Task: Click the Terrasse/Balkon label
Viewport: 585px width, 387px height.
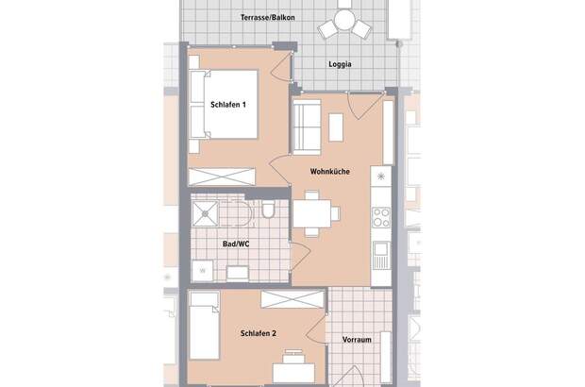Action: [253, 18]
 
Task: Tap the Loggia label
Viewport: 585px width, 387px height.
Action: [341, 65]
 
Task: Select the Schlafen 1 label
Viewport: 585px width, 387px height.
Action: [228, 105]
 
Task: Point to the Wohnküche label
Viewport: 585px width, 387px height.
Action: [330, 172]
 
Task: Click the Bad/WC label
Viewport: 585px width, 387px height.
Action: [235, 244]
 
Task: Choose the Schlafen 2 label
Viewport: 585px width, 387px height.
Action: [258, 334]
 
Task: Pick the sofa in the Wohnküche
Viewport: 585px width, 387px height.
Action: [305, 127]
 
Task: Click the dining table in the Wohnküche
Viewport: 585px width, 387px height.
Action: [311, 212]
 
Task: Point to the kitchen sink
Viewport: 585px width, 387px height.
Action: [380, 252]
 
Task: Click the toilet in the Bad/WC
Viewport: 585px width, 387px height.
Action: [269, 210]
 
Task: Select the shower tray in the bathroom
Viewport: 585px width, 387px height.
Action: [207, 214]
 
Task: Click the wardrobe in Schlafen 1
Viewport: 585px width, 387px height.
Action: [223, 177]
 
